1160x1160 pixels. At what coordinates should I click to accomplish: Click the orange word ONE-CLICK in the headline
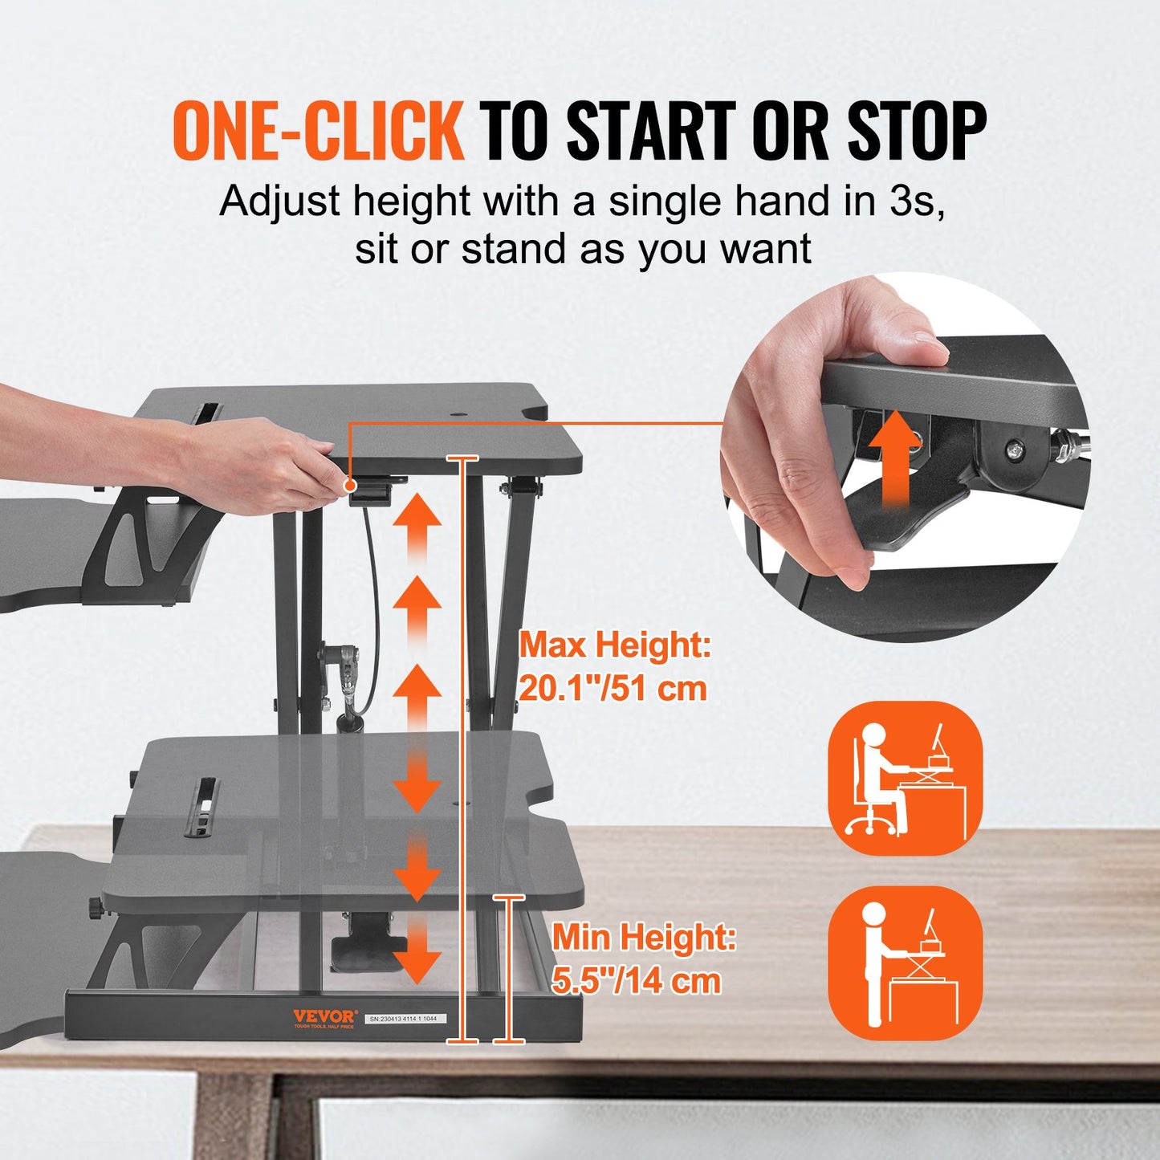pos(318,130)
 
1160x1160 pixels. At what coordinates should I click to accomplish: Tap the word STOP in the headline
pos(917,130)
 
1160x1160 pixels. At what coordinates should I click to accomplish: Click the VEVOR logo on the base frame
pos(324,1016)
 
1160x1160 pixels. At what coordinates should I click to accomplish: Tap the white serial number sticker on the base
pos(405,1018)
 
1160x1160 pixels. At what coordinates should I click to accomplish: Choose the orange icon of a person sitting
pos(905,778)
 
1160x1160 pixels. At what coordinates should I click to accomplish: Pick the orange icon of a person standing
pos(905,963)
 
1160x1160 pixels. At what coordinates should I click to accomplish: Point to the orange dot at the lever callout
pos(350,485)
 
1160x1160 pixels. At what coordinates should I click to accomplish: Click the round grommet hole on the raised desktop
pos(461,414)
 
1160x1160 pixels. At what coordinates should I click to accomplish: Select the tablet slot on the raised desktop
pos(206,412)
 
